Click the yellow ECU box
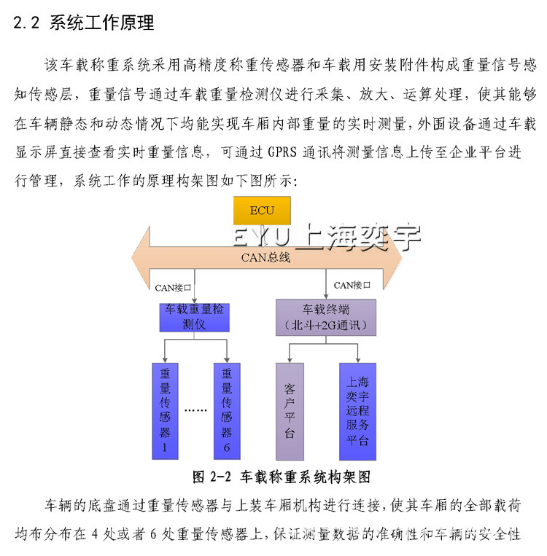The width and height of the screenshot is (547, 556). pyautogui.click(x=262, y=211)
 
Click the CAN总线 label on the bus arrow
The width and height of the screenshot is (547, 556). pyautogui.click(x=265, y=257)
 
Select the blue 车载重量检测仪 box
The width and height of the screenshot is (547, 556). pyautogui.click(x=194, y=318)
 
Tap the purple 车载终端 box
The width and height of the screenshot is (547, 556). pyautogui.click(x=326, y=318)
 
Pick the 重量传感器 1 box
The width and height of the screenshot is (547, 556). pyautogui.click(x=165, y=411)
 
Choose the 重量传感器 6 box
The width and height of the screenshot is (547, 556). pyautogui.click(x=227, y=411)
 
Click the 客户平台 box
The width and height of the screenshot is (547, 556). pyautogui.click(x=290, y=411)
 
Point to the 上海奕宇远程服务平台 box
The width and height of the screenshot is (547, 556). pyautogui.click(x=357, y=411)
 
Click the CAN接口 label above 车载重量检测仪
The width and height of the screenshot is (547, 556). pyautogui.click(x=173, y=288)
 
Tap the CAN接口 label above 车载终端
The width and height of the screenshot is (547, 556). pyautogui.click(x=352, y=285)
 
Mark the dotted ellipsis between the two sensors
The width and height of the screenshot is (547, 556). pyautogui.click(x=195, y=410)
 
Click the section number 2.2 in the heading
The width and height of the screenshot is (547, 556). pyautogui.click(x=26, y=23)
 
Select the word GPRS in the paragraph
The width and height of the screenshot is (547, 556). pyautogui.click(x=282, y=152)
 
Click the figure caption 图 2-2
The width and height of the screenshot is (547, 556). pyautogui.click(x=212, y=477)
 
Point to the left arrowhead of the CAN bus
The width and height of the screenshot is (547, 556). pyautogui.click(x=141, y=258)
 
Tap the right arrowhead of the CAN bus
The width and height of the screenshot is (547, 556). pyautogui.click(x=392, y=258)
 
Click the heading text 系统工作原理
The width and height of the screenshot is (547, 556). pyautogui.click(x=102, y=23)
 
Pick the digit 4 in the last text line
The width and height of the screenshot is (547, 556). pyautogui.click(x=94, y=534)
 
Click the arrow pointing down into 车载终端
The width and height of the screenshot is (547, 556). pyautogui.click(x=326, y=283)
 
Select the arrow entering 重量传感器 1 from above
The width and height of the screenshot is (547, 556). pyautogui.click(x=165, y=351)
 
